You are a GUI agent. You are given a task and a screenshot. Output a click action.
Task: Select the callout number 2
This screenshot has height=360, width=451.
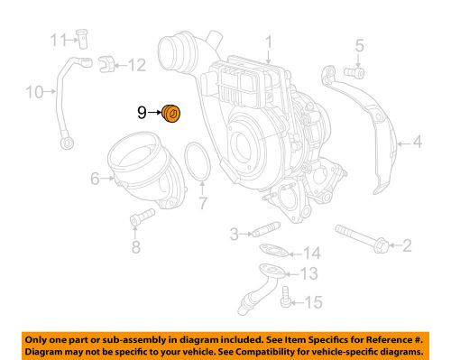coord(406,245)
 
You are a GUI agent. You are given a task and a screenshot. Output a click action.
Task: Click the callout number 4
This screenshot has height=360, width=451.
coord(416,142)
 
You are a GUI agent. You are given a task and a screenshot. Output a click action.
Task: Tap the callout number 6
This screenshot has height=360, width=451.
coord(94,179)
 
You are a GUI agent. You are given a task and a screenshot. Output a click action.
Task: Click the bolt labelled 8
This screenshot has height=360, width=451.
coord(137,219)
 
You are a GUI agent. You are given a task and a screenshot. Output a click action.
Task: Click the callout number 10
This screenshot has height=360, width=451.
coord(34,91)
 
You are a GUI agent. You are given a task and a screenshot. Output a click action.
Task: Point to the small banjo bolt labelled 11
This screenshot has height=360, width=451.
coord(82,39)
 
